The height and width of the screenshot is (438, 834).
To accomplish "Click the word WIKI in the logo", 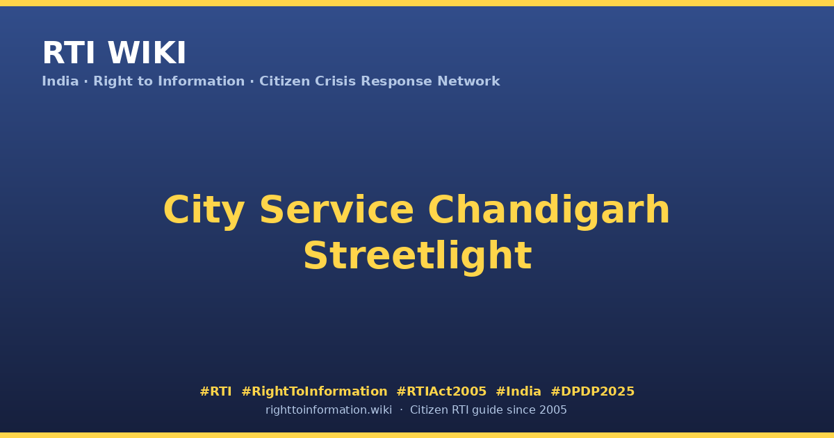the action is [x=147, y=53].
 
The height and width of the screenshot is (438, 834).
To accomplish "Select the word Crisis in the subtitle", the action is [x=335, y=81].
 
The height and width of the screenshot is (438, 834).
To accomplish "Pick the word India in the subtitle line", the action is [x=60, y=81].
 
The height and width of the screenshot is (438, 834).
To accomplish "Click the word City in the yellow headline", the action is [x=204, y=211].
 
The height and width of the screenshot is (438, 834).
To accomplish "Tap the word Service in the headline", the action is [x=336, y=210].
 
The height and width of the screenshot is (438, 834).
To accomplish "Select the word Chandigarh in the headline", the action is [x=549, y=211].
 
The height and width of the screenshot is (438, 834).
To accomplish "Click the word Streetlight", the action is [x=418, y=257].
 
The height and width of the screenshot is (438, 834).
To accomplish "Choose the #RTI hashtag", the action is [x=215, y=391].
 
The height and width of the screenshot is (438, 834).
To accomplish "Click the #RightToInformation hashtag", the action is [x=314, y=391].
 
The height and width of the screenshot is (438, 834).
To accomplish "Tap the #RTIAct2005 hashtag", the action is [x=441, y=391].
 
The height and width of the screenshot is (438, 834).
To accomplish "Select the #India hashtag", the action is [x=518, y=391].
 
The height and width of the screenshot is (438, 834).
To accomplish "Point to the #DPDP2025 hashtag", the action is [x=592, y=391].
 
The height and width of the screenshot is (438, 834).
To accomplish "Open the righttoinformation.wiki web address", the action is [x=329, y=410].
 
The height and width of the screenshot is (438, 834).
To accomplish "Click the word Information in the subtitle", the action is [x=201, y=81].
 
